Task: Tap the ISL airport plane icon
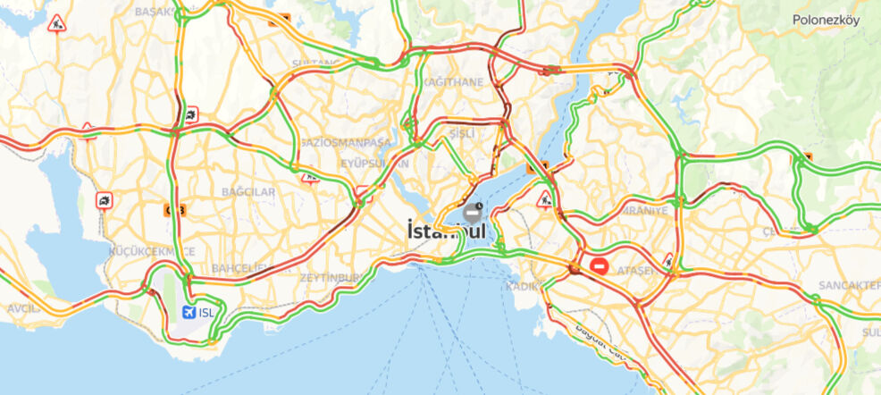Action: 188,312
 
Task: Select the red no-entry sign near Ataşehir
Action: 600,266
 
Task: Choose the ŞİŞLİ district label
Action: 461,134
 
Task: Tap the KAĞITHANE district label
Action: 453,82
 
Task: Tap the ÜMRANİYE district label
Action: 643,210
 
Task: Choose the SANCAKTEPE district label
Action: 848,285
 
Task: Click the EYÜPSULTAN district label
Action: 374,164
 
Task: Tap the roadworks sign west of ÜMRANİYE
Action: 543,198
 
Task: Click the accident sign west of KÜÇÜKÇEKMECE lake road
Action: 105,201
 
